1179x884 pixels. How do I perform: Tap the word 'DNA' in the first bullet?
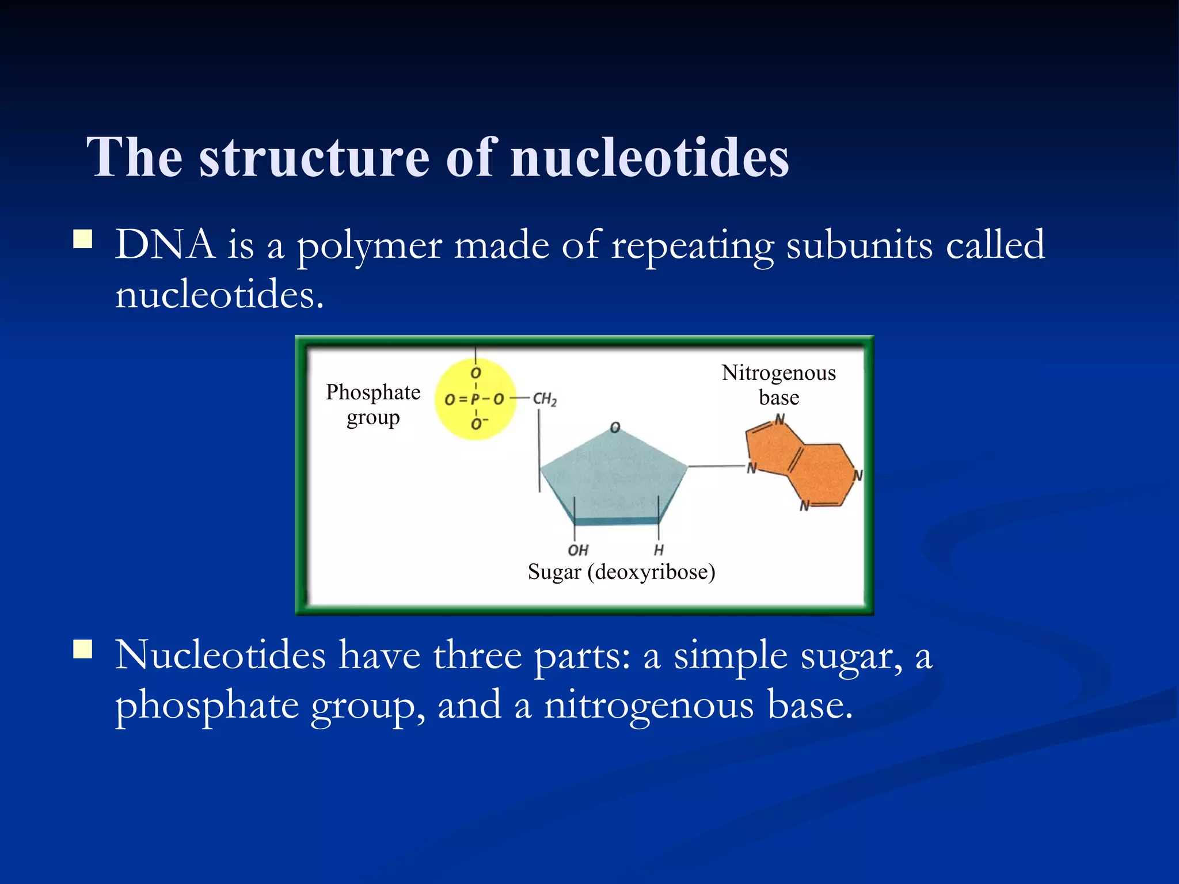coord(165,245)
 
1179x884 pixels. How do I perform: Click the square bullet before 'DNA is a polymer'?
coord(83,239)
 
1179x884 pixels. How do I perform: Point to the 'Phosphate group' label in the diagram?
coord(373,405)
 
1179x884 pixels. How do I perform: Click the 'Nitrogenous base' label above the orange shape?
coord(778,385)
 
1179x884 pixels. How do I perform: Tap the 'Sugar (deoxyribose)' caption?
coord(621,571)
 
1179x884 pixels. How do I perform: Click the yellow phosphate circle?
coord(476,399)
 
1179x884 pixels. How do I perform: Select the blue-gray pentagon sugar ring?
coord(614,478)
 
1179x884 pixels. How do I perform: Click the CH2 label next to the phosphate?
coord(544,399)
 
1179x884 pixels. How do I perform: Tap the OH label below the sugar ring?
coord(578,550)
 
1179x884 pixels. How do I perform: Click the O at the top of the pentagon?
coord(615,428)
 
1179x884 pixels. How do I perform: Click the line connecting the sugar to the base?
coord(716,466)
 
